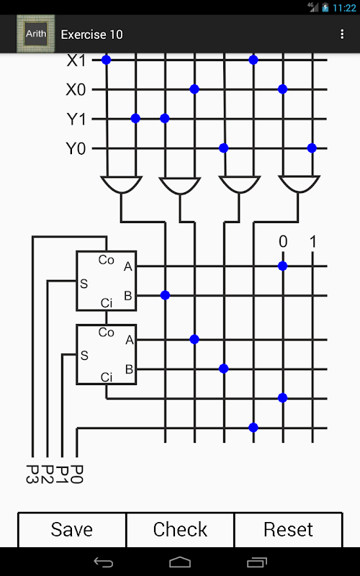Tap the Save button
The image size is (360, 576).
(x=72, y=529)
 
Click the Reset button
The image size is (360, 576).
(x=289, y=529)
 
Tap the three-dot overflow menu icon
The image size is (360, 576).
(x=342, y=34)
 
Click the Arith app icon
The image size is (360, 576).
(x=35, y=34)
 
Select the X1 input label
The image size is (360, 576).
(x=76, y=60)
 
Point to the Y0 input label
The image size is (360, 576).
(x=76, y=149)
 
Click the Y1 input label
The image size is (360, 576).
(x=76, y=120)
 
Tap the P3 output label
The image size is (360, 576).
(x=33, y=474)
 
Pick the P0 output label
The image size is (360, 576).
(x=77, y=474)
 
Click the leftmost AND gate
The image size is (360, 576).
(x=121, y=184)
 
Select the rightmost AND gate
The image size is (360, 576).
(x=299, y=184)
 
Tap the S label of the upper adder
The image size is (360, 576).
(x=84, y=284)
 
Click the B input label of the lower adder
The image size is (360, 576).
(x=129, y=369)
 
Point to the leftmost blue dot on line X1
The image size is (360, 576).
(x=106, y=60)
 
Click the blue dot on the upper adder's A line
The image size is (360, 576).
(x=282, y=266)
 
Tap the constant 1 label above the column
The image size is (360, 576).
(x=312, y=242)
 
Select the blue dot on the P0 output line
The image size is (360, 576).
(x=253, y=427)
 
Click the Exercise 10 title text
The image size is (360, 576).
(x=92, y=35)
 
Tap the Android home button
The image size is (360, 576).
(x=180, y=562)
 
